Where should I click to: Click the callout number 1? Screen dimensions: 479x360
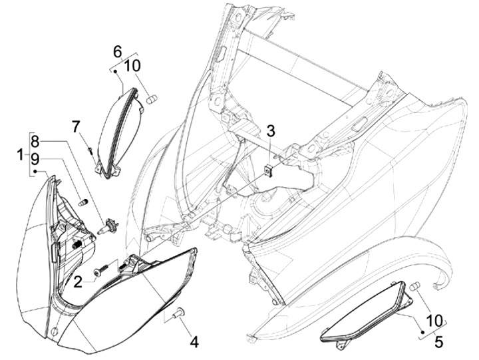coord(20,154)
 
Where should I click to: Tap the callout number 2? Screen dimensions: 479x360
coord(78,281)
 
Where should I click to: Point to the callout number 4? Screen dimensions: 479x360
coord(194,341)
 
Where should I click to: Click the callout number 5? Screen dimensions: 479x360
coord(438,341)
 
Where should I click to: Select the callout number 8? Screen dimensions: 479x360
coord(35,142)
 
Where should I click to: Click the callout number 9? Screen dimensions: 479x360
coord(35,159)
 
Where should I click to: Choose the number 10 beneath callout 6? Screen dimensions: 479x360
coord(132,66)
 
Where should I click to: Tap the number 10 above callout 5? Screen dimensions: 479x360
coord(434,321)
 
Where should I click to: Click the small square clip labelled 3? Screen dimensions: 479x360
coord(269,170)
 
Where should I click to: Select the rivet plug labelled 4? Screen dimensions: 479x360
coord(178,312)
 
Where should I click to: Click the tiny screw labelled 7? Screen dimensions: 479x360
coord(90,150)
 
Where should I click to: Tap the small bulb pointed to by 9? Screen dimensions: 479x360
coord(82,202)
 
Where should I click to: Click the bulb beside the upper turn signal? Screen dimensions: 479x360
coord(152,99)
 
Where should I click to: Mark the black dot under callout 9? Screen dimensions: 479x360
coord(35,172)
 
